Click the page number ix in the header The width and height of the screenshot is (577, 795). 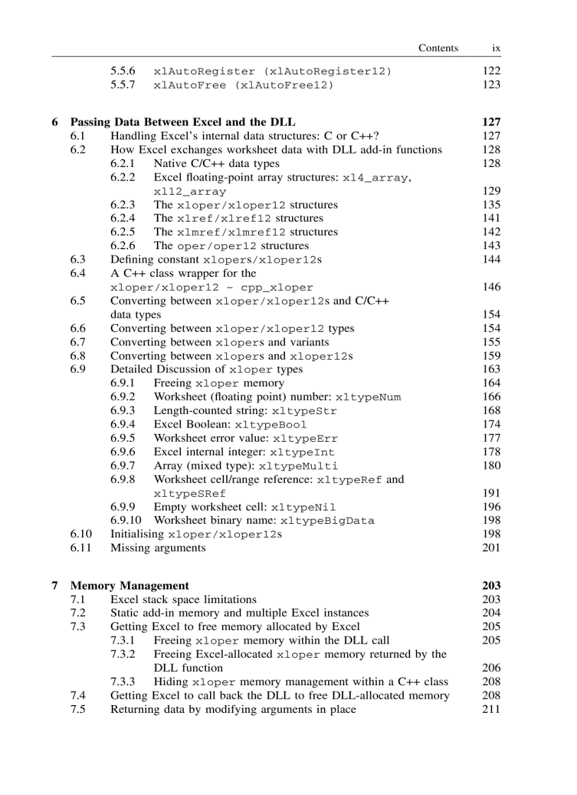(x=496, y=48)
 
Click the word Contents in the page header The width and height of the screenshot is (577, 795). (x=438, y=48)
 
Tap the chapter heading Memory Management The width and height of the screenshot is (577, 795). (x=129, y=585)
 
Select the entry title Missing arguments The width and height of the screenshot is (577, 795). (x=158, y=547)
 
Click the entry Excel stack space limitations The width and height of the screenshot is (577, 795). (x=183, y=599)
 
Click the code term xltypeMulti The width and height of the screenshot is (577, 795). (x=298, y=466)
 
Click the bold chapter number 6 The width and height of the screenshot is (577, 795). (x=55, y=122)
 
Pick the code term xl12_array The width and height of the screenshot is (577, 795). (x=190, y=191)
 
